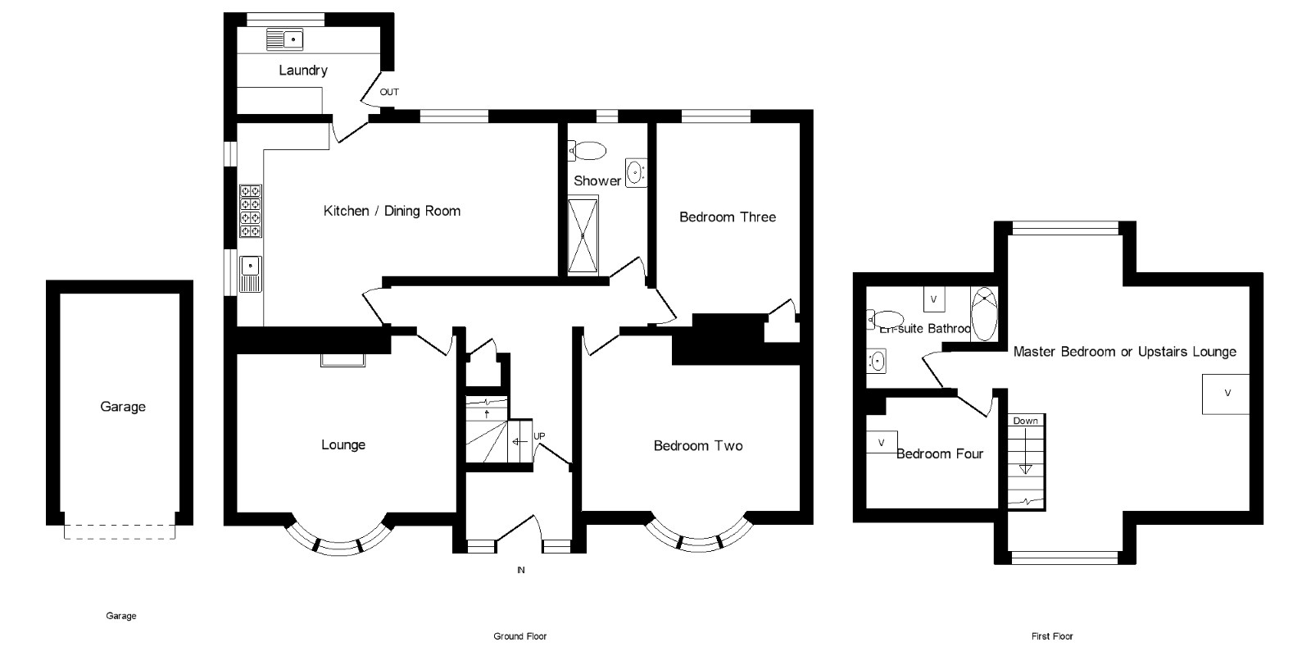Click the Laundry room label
click(x=303, y=71)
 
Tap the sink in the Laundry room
click(x=284, y=39)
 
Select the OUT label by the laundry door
click(x=389, y=92)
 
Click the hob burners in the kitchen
click(x=250, y=211)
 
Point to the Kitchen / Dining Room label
click(x=392, y=211)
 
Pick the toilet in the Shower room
click(x=587, y=151)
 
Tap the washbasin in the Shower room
click(x=636, y=173)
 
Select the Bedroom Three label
click(x=727, y=217)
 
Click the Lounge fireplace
click(x=342, y=359)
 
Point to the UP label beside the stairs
click(x=539, y=436)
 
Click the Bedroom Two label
click(x=698, y=446)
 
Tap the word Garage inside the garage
click(x=123, y=407)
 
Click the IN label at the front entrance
click(x=520, y=570)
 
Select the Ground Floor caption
click(x=519, y=636)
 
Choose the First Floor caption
click(x=1052, y=636)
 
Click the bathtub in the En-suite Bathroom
click(x=983, y=314)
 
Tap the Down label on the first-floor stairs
click(x=1025, y=421)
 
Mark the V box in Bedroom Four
click(x=882, y=443)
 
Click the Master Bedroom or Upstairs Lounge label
click(x=1124, y=352)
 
